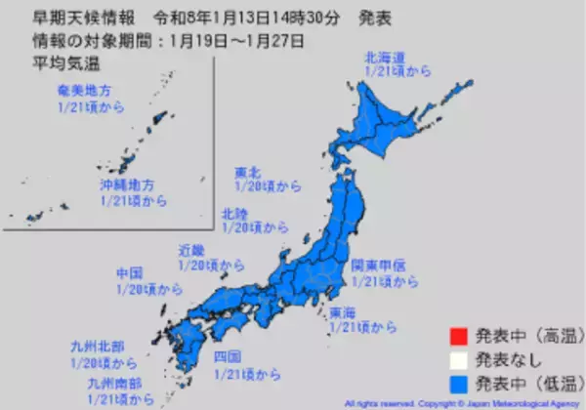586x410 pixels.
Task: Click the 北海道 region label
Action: coord(385,58)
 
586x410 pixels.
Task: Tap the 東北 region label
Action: coord(247,174)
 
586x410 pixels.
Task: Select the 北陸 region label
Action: coord(234,211)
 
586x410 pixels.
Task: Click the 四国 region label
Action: coord(227,356)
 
